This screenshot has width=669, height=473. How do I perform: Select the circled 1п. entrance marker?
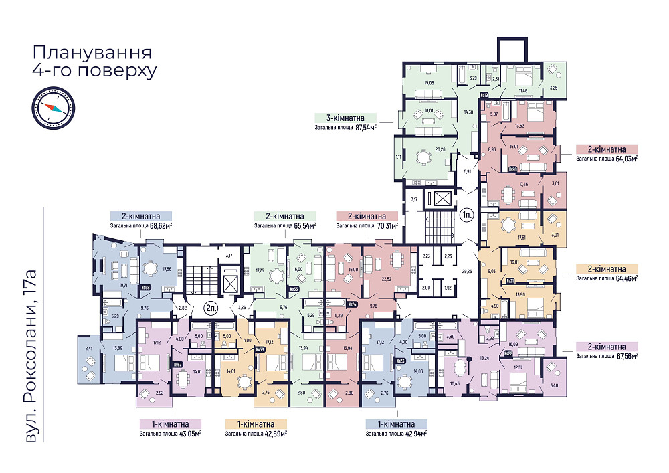(466, 215)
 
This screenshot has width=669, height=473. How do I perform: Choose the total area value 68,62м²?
(159, 226)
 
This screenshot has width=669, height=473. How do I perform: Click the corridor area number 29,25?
(468, 271)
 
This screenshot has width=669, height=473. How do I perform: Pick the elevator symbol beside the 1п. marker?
(441, 199)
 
